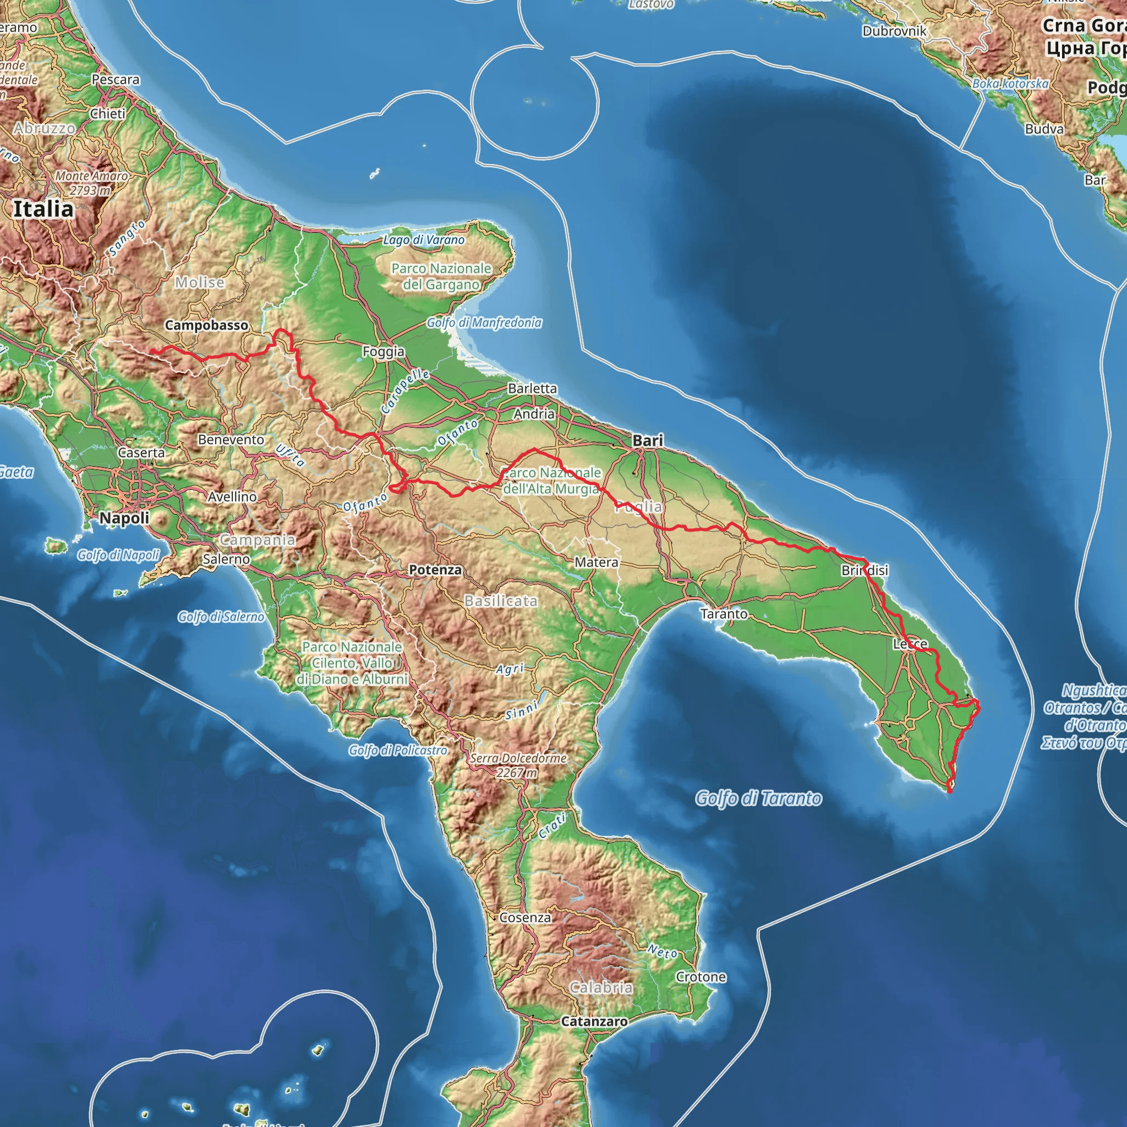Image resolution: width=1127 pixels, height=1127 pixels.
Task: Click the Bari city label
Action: click(648, 441)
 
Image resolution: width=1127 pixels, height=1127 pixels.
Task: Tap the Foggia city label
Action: click(383, 351)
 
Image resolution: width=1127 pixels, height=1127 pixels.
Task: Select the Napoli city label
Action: click(124, 517)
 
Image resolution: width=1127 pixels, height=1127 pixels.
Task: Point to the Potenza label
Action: click(435, 570)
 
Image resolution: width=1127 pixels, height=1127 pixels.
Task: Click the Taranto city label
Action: click(724, 614)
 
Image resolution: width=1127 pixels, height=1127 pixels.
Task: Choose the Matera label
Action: click(596, 562)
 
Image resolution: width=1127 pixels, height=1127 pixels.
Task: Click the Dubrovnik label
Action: click(894, 31)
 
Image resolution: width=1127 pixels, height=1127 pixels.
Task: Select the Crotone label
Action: click(701, 977)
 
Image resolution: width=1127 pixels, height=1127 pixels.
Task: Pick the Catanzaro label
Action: click(594, 1021)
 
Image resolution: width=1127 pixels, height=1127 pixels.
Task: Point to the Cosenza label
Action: click(525, 917)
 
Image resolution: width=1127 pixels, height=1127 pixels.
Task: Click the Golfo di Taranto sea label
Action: click(758, 798)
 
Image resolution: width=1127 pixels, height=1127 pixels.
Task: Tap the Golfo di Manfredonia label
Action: click(484, 322)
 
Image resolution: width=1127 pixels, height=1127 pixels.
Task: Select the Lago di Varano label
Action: click(424, 240)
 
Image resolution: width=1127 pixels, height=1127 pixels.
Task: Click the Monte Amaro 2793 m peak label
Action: click(91, 183)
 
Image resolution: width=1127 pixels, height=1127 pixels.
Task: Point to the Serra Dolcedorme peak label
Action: click(518, 765)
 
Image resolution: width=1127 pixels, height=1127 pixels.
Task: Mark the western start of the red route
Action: click(151, 351)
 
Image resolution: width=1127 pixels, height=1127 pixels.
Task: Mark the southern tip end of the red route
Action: click(950, 791)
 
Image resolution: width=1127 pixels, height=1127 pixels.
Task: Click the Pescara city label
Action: click(116, 79)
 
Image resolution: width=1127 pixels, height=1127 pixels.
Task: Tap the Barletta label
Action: click(532, 389)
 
